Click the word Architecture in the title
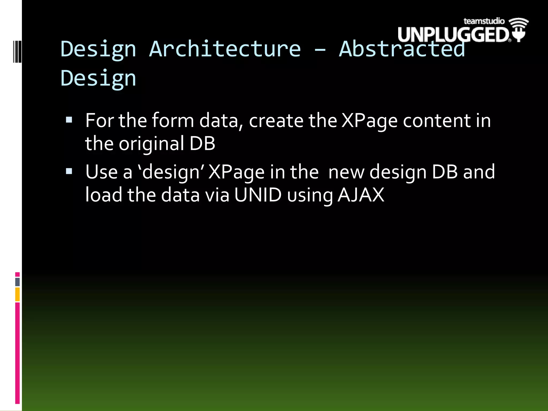[225, 49]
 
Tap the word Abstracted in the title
[402, 49]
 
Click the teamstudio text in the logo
[484, 21]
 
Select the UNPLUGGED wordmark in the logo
[453, 35]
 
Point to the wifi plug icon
[519, 29]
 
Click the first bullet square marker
[69, 120]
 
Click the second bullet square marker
[69, 171]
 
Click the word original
[151, 144]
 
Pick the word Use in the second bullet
[101, 172]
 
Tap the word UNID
[258, 195]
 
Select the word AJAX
[361, 195]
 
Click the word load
[104, 195]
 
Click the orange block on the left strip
[17, 294]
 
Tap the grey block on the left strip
[17, 282]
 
